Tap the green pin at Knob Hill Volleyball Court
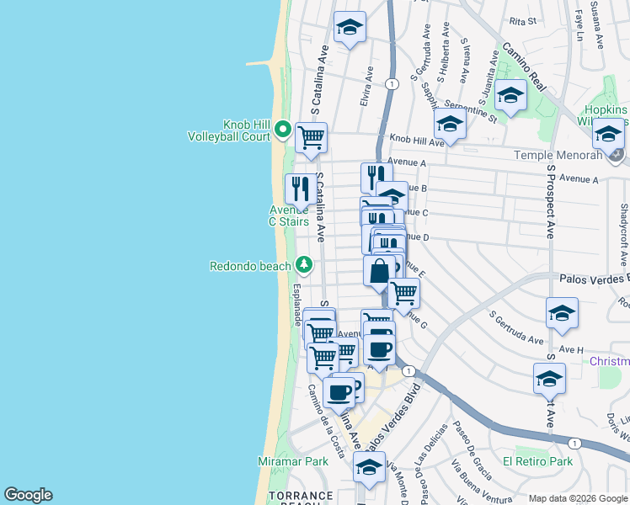coord(283,131)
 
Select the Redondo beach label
coord(250,267)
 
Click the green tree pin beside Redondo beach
coord(305,267)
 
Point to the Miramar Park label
coord(292,462)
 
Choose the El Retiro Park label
coord(537,462)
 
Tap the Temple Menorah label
coord(561,156)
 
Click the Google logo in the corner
coord(28,495)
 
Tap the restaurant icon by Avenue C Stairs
coord(300,189)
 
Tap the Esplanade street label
coord(296,305)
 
